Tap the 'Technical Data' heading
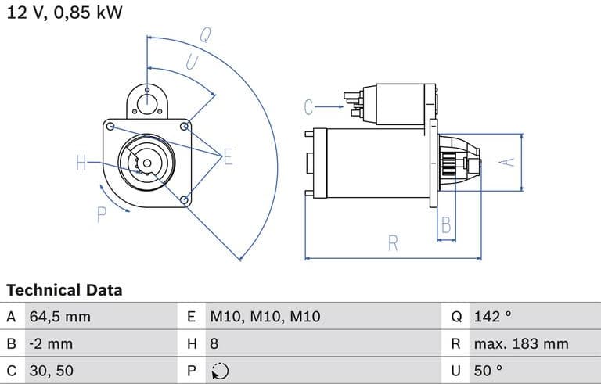tap(64, 290)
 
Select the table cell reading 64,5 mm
tap(59, 317)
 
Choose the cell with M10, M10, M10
tap(265, 317)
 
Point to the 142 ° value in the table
tap(492, 317)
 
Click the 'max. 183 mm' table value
tap(521, 343)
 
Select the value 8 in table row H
tap(214, 343)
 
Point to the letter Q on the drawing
tap(205, 34)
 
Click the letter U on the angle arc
tap(190, 61)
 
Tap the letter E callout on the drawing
tap(228, 157)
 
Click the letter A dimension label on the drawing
tap(508, 162)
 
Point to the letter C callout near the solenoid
tap(309, 106)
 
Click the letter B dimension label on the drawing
tap(446, 225)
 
